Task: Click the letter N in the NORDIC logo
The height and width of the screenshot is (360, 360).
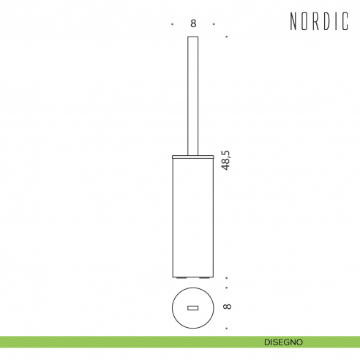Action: pos(293,21)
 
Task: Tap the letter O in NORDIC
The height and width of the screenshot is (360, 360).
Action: pos(304,21)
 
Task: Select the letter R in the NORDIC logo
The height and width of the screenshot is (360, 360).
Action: pos(316,21)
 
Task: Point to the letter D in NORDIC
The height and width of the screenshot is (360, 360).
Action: pos(328,21)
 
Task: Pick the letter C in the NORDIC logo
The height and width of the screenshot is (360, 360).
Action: pos(345,21)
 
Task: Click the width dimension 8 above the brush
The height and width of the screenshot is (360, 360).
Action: pos(193,23)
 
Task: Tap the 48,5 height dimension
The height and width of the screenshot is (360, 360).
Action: pos(225,160)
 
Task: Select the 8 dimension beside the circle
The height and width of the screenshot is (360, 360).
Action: pos(227,307)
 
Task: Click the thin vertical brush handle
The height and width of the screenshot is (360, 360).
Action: pos(192,96)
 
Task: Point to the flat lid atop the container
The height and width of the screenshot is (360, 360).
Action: pos(193,157)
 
